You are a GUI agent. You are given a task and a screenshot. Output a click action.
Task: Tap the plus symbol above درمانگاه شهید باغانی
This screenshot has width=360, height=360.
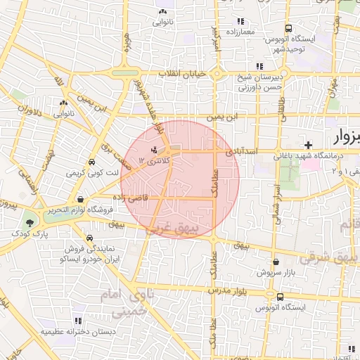[308, 144]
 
